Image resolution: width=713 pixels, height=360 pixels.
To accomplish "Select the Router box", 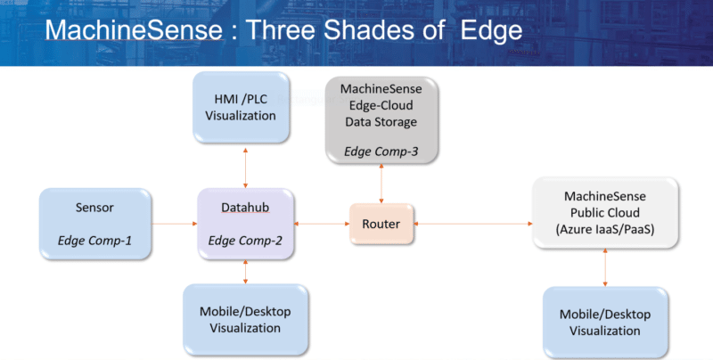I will click(x=381, y=224).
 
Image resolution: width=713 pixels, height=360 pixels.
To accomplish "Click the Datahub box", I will click(x=244, y=224).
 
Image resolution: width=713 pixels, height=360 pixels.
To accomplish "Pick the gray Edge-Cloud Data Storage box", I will click(x=381, y=119).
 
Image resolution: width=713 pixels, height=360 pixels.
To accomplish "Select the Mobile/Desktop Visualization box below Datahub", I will click(x=244, y=319).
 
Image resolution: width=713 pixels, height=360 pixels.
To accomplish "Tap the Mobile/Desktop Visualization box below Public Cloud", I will click(x=605, y=322).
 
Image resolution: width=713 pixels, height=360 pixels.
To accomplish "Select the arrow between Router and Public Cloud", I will click(x=472, y=224).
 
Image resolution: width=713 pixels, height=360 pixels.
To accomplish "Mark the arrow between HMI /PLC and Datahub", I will click(x=244, y=167).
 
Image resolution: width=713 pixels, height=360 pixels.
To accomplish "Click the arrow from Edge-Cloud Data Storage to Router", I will click(x=381, y=185).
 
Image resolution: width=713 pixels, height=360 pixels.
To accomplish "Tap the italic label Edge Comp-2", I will click(x=244, y=241).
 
